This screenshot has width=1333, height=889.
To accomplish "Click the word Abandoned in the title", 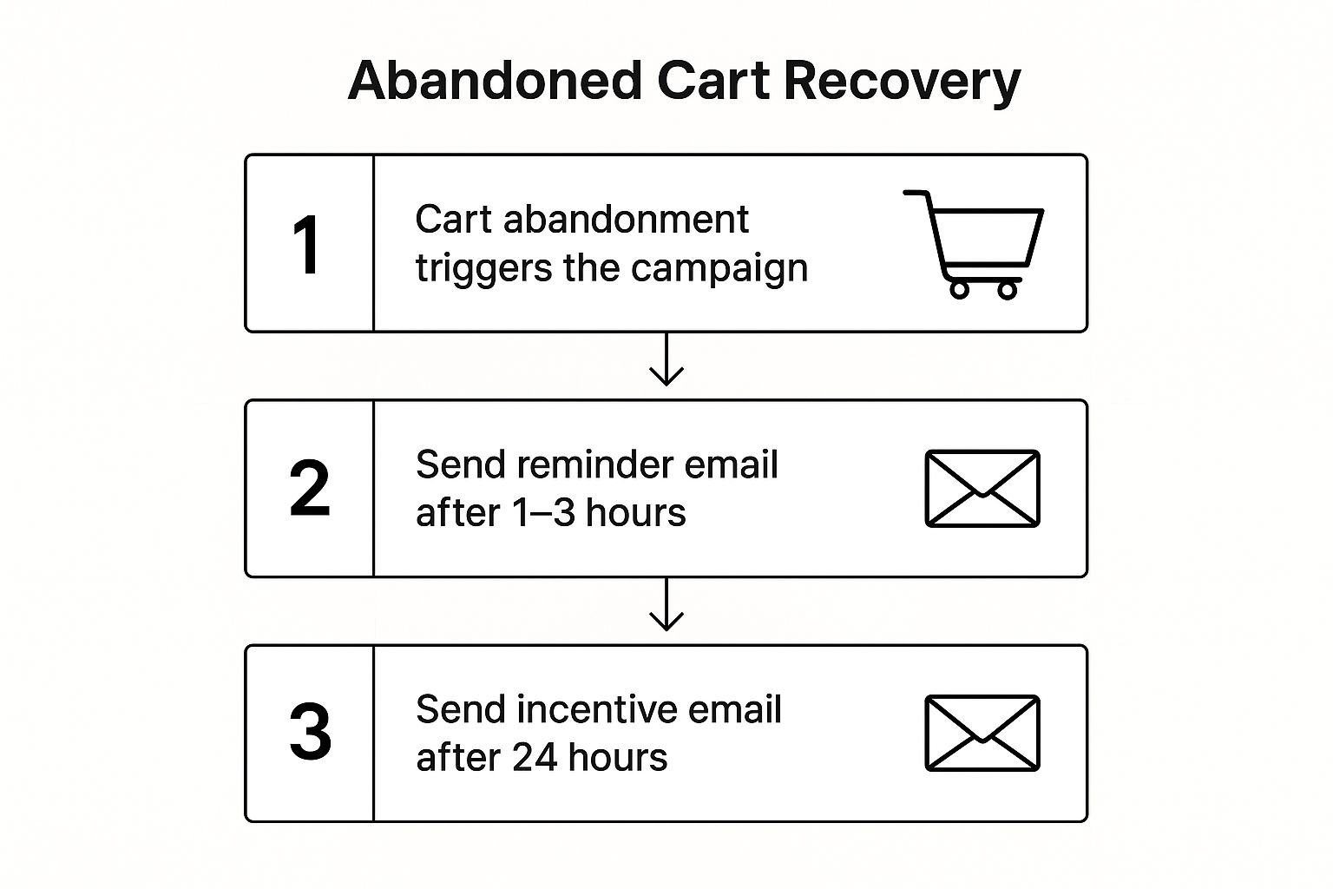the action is (x=496, y=81).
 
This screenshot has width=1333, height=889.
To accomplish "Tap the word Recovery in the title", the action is (x=903, y=83).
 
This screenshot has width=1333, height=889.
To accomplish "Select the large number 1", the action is (x=307, y=245).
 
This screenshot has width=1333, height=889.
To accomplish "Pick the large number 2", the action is (x=310, y=488).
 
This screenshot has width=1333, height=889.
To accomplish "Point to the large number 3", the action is (x=310, y=732).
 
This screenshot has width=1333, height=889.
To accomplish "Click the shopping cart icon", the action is (x=974, y=245).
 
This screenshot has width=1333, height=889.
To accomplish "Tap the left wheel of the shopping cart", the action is (x=959, y=290).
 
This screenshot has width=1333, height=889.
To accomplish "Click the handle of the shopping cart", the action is (x=916, y=194).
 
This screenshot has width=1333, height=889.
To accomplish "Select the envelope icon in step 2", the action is (x=982, y=488).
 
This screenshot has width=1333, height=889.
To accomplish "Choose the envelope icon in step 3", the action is (x=982, y=733).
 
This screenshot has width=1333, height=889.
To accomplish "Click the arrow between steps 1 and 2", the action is (x=666, y=359).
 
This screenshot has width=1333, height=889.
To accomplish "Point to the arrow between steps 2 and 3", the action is (x=666, y=603).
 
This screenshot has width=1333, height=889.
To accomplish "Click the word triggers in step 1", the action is (x=483, y=270).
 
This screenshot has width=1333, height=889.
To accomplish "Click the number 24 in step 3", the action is (x=535, y=758).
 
